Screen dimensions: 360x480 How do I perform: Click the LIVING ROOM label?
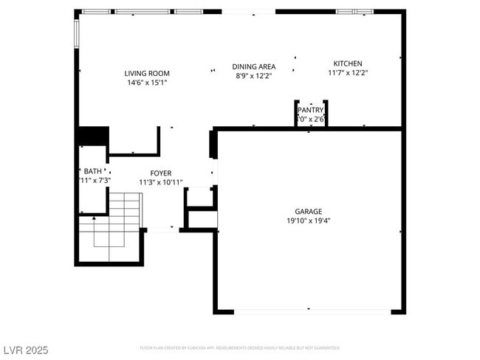point(147,73)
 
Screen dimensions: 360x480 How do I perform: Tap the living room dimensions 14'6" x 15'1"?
point(147,83)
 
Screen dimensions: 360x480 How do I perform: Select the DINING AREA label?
point(254,66)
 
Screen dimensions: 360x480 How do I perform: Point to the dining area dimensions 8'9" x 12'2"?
point(254,75)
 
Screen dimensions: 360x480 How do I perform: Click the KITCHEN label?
point(347,63)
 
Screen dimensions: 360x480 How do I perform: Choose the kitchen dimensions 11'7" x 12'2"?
point(347,73)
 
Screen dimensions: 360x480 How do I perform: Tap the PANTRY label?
point(311,110)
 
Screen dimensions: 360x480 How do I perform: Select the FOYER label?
point(160,173)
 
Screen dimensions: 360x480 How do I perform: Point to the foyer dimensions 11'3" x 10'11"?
point(160,182)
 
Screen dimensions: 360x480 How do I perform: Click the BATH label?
point(92,171)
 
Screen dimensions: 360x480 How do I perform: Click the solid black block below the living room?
point(94,136)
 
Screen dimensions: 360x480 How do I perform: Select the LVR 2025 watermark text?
point(25,350)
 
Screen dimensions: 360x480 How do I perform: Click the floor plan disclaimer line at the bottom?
point(239,347)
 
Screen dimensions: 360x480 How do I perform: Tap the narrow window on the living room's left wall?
point(76,32)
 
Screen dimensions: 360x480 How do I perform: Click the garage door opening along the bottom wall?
point(309,311)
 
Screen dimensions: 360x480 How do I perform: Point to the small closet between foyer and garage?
point(199,197)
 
